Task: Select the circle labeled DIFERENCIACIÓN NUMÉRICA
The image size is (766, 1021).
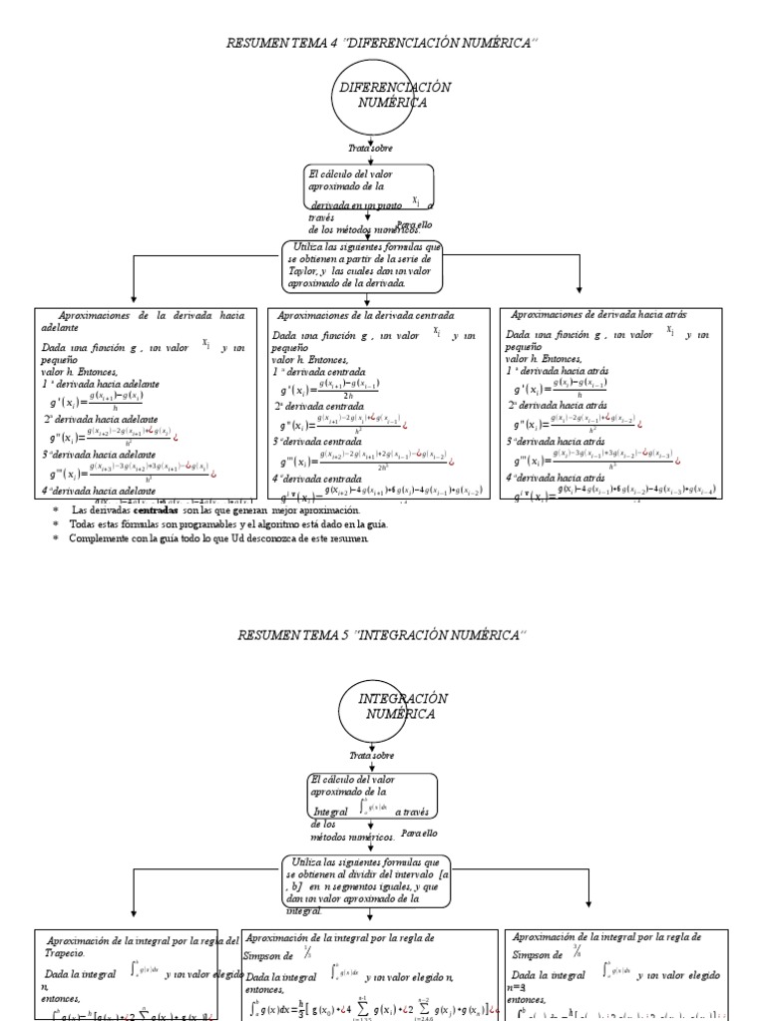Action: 381,97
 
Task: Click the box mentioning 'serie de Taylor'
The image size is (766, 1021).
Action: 362,264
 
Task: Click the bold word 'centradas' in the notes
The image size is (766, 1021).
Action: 158,510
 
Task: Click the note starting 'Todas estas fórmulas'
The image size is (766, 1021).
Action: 228,523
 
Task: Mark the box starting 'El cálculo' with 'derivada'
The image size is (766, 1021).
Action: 369,199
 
